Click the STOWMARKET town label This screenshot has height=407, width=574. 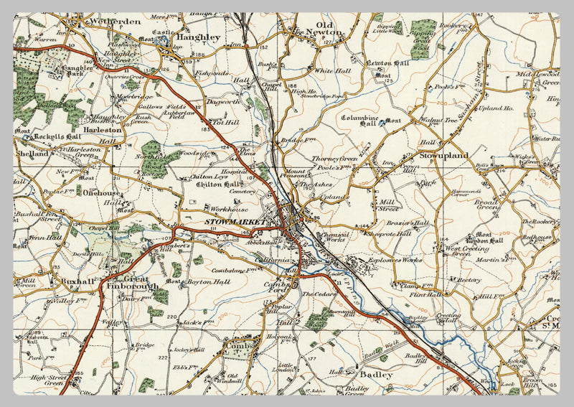point(235,223)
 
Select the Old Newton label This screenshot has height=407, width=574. point(319,28)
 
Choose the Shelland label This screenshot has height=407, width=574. point(32,153)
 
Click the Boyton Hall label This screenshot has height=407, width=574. point(194,282)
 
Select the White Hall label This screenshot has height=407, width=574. point(331,71)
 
